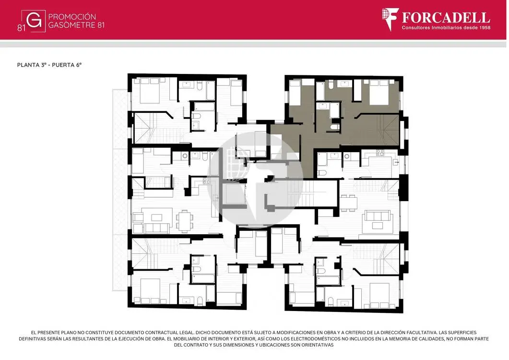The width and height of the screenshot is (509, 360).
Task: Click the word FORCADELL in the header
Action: click(446, 18)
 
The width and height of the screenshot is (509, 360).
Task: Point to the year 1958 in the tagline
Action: click(485, 28)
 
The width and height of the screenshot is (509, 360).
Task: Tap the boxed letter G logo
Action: click(34, 21)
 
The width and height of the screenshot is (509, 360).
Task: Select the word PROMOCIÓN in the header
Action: click(72, 17)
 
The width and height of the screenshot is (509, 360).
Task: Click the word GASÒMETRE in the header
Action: click(72, 25)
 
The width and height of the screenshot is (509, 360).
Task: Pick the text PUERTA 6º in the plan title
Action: click(67, 65)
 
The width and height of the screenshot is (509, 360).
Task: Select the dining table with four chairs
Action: click(348, 203)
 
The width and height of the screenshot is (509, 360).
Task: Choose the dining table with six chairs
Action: click(184, 221)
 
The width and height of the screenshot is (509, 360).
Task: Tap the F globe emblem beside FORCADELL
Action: click(390, 19)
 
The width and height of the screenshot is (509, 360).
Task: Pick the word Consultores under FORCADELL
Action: click(416, 28)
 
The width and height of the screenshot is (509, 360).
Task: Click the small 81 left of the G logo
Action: click(21, 28)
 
